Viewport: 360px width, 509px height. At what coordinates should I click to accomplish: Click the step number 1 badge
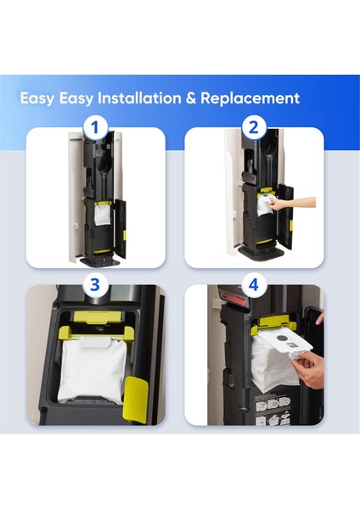94,128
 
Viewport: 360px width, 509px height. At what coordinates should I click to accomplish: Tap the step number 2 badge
253,128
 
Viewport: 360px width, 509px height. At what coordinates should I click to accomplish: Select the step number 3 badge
94,285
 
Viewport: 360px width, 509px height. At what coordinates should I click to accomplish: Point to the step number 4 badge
253,285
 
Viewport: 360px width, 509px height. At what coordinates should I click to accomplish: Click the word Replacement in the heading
250,98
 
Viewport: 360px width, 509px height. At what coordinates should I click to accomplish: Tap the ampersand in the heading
191,98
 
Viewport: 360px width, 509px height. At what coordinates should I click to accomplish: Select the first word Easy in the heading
37,98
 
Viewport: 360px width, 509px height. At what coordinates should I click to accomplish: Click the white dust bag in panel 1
104,215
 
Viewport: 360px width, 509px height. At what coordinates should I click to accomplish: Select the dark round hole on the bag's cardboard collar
283,338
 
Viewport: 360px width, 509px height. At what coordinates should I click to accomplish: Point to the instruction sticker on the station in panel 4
273,410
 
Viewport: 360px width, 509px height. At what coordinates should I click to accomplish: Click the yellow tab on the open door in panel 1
125,236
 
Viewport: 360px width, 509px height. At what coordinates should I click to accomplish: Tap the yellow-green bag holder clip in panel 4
273,325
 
